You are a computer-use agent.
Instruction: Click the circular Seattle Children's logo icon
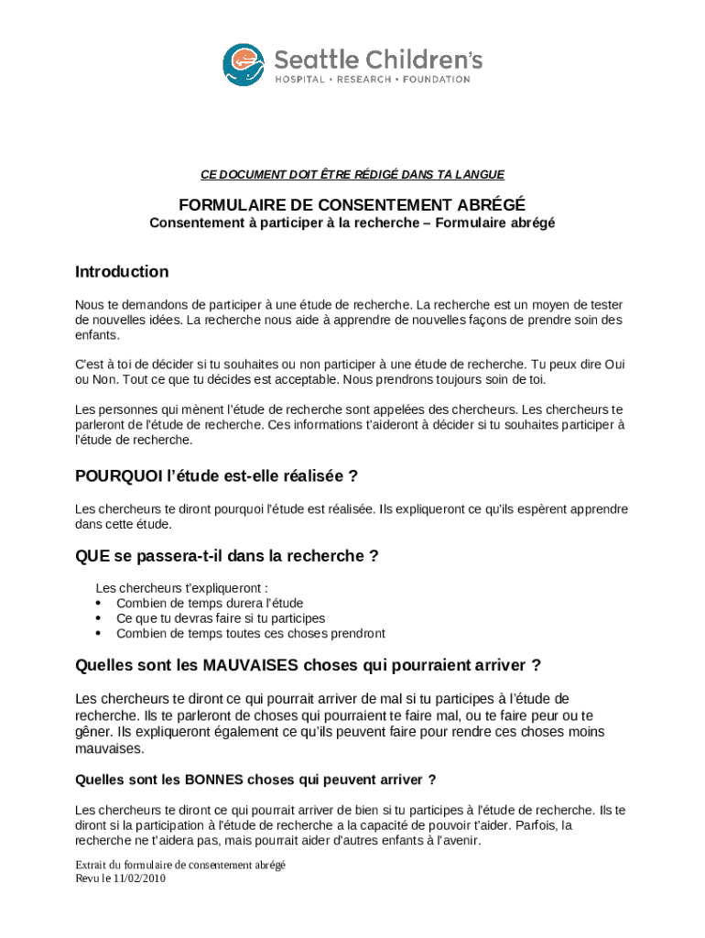pyautogui.click(x=243, y=64)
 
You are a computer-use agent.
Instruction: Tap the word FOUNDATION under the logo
pyautogui.click(x=436, y=79)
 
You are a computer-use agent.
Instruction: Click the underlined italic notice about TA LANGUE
pyautogui.click(x=352, y=174)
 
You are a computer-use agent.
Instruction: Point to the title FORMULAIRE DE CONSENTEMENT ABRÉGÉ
pyautogui.click(x=352, y=204)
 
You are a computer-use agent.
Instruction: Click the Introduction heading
pyautogui.click(x=122, y=272)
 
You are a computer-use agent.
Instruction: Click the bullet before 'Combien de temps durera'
pyautogui.click(x=98, y=604)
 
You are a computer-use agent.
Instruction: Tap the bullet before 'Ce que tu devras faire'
pyautogui.click(x=98, y=618)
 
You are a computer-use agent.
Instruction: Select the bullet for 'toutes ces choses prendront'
pyautogui.click(x=98, y=633)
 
